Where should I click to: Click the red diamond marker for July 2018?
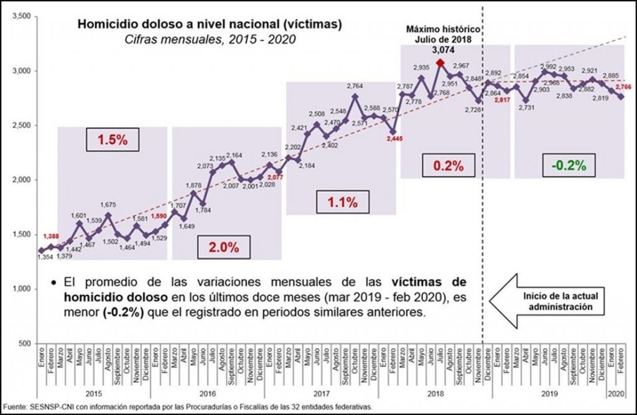coord(440,63)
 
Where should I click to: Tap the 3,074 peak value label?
coord(440,51)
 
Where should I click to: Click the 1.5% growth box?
coord(112,140)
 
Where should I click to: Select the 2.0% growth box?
coord(224,247)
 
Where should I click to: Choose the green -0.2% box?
coord(568,165)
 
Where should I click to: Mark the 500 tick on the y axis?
coord(26,344)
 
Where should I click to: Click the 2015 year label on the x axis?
coord(94,394)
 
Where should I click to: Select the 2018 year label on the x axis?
coord(436,394)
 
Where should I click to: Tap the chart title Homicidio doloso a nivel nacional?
coord(210,25)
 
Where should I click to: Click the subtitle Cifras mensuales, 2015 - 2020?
coord(210,40)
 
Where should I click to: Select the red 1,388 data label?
coord(52,237)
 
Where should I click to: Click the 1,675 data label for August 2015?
coord(108,206)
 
